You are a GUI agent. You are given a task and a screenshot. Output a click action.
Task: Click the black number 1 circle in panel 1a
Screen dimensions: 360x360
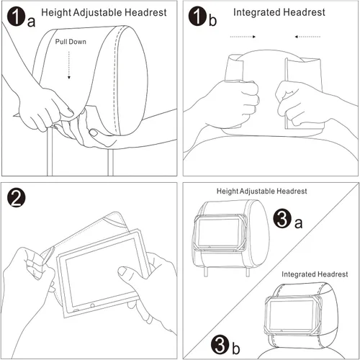click(17, 16)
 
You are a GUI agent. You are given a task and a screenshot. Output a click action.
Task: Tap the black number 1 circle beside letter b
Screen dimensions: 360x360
click(197, 16)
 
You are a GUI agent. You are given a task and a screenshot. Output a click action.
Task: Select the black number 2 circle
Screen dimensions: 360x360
click(17, 198)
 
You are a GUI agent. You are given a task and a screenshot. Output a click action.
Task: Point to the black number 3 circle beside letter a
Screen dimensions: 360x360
click(282, 219)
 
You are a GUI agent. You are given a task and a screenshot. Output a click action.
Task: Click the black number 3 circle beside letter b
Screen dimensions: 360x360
click(220, 344)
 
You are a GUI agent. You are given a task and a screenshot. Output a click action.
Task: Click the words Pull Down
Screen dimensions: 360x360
click(71, 42)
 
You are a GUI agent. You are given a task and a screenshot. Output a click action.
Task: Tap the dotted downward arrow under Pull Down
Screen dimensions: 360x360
click(69, 65)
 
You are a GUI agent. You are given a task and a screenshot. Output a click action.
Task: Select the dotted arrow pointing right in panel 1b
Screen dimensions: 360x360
click(243, 37)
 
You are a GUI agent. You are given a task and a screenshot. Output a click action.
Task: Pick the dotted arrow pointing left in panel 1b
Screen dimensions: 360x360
click(307, 37)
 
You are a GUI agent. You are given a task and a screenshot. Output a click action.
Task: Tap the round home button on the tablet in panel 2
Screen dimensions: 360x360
click(92, 306)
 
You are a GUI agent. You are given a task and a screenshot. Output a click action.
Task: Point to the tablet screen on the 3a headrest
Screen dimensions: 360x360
click(219, 232)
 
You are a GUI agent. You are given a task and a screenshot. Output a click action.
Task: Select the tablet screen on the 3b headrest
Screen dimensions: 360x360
click(292, 315)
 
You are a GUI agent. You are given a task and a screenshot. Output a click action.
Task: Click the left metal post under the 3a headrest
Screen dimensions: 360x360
click(206, 271)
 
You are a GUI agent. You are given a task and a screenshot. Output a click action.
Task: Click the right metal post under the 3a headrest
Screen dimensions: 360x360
click(248, 271)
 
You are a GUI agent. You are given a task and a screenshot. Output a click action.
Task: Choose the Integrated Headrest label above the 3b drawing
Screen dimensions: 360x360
click(315, 274)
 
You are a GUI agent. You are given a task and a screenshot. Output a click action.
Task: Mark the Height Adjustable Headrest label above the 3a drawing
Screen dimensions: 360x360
click(261, 192)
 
